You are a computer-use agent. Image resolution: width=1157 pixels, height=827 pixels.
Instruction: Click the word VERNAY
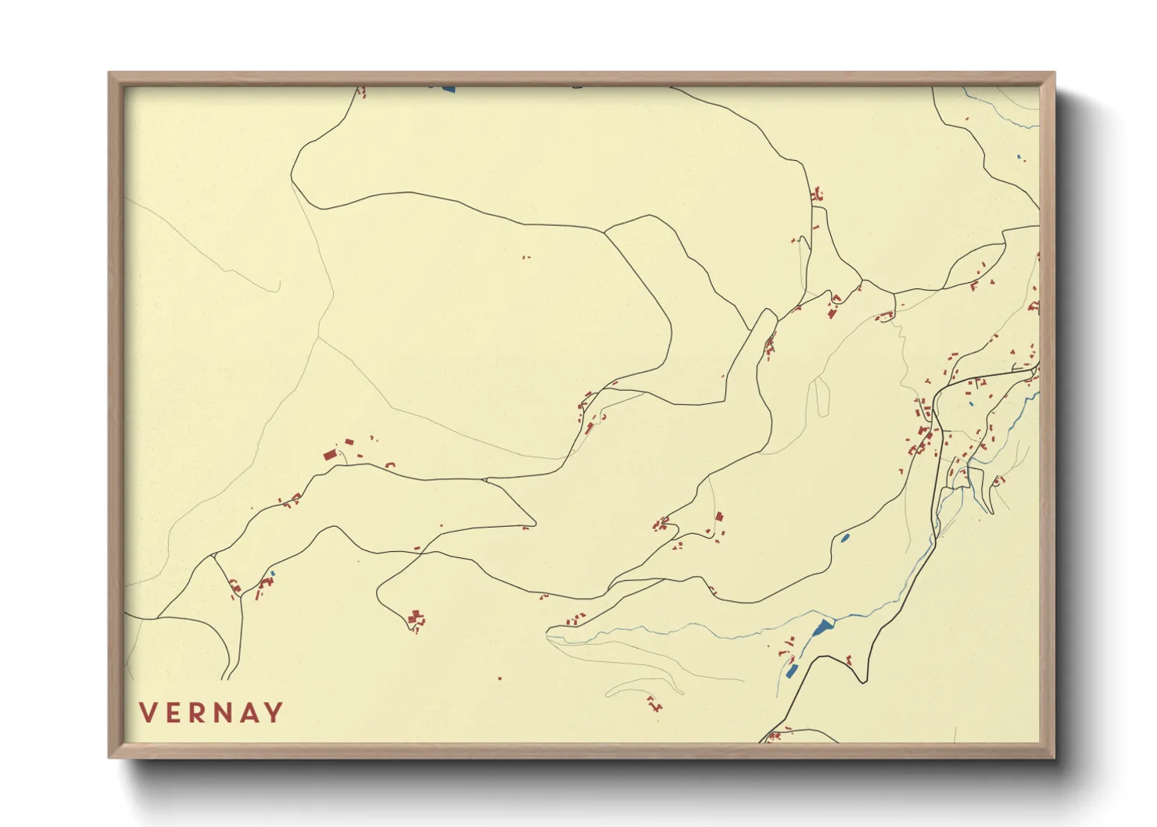click(211, 713)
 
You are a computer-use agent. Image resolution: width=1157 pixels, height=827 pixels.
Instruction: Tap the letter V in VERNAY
click(148, 713)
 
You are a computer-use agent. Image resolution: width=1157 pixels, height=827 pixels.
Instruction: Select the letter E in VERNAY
click(175, 713)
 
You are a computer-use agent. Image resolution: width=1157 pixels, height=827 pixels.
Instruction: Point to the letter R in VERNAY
click(200, 713)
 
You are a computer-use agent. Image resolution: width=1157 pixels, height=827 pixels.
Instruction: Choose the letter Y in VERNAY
click(274, 713)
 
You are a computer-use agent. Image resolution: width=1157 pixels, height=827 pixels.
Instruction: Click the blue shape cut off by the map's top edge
click(447, 89)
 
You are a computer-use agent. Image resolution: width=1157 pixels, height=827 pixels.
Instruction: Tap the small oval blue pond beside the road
click(844, 538)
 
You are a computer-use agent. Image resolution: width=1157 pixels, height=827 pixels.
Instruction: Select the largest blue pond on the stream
click(822, 627)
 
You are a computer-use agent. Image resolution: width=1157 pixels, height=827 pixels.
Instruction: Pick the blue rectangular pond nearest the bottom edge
click(792, 671)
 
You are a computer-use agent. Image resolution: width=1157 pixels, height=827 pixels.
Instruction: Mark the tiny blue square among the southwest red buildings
click(272, 575)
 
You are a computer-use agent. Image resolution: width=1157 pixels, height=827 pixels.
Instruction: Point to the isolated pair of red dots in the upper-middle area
click(525, 256)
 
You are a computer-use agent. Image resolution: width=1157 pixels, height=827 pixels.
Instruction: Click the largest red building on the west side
click(330, 454)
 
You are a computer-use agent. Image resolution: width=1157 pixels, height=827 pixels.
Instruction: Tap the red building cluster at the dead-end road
click(415, 619)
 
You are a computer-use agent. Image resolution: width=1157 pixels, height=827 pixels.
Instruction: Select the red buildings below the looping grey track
click(654, 703)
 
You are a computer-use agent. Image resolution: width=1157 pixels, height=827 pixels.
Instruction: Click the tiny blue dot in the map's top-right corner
click(1019, 159)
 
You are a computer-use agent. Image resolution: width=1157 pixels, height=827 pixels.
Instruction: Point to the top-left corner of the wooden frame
click(109, 73)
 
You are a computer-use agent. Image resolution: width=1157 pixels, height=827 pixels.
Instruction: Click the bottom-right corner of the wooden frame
click(1054, 757)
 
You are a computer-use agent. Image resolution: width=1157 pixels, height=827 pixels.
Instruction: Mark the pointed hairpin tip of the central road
click(536, 521)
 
